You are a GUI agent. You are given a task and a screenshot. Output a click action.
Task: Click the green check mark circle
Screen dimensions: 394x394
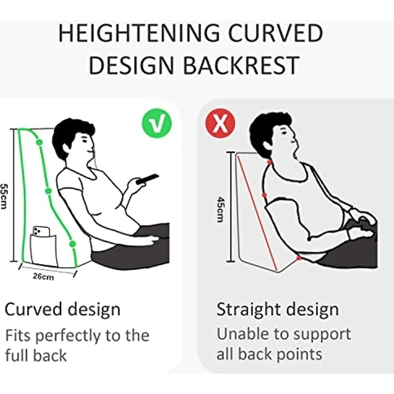157,123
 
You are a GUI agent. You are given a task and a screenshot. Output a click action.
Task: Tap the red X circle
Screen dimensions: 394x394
221,123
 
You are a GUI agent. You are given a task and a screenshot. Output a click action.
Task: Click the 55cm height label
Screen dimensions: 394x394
4,196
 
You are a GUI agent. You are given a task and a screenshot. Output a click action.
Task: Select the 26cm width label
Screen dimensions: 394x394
43,277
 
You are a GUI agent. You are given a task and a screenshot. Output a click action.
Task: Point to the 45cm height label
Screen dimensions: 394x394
221,209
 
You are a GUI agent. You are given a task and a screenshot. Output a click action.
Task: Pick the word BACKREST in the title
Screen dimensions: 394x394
241,65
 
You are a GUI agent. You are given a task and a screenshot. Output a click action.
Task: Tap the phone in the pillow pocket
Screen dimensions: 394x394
41,231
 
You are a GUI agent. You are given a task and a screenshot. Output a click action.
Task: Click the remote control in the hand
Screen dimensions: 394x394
148,179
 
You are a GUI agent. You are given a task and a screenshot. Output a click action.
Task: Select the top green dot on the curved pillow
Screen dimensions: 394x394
39,142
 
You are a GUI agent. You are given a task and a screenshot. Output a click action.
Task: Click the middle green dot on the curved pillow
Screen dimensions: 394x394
48,191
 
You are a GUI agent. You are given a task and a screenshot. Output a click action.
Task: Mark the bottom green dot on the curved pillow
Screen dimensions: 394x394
72,244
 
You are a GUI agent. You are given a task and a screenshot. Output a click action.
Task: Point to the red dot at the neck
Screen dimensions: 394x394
270,162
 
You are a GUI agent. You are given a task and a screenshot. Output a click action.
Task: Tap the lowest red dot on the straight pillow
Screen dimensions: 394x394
299,258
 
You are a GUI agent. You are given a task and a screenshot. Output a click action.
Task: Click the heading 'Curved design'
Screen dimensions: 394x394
62,309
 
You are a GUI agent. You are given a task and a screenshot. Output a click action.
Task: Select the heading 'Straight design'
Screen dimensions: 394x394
277,309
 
